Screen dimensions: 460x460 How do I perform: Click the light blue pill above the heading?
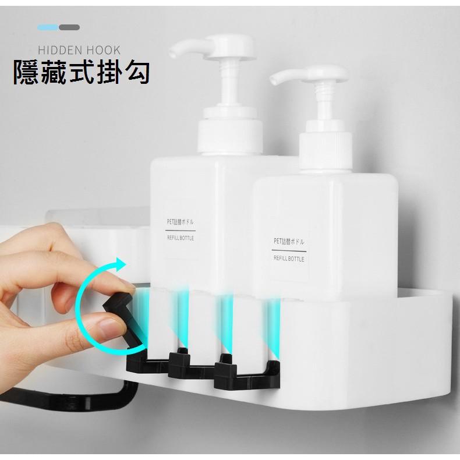pos(48,27)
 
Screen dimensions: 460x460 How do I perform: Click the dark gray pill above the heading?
pos(69,27)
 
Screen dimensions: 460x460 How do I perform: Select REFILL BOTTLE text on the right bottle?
pos(288,259)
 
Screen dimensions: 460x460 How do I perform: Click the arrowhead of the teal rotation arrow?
pos(120,265)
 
